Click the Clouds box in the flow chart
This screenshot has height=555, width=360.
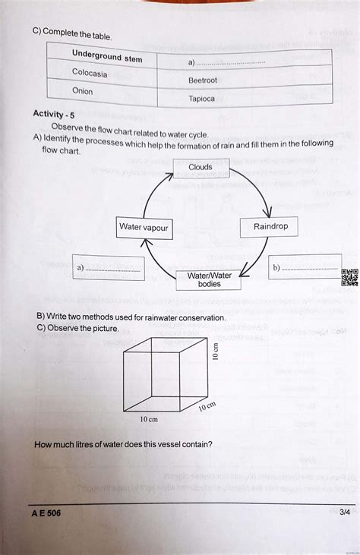click(201, 167)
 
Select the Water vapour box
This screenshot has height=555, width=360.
click(144, 227)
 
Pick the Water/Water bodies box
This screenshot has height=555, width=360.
click(209, 279)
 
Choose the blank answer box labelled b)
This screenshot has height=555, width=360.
click(303, 268)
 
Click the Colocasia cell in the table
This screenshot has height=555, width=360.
click(90, 74)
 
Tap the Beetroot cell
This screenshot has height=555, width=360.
click(203, 80)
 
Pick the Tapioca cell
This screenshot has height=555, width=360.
click(201, 99)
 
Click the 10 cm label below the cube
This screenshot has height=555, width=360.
click(148, 419)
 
